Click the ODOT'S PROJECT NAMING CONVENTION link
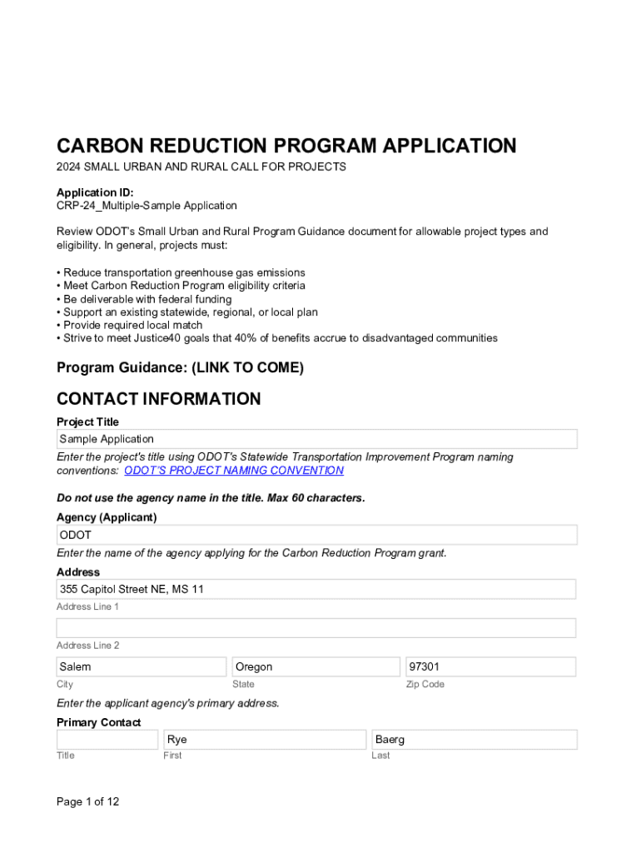click(x=234, y=471)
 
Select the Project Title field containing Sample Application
click(x=316, y=439)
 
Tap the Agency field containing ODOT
click(x=316, y=535)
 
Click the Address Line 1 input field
click(x=316, y=590)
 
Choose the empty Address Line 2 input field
click(x=316, y=628)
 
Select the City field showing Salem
click(x=141, y=666)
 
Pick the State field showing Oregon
click(x=316, y=666)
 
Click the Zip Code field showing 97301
click(x=490, y=666)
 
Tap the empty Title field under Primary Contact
click(x=107, y=740)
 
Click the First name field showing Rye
click(x=265, y=740)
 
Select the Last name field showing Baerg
click(x=475, y=740)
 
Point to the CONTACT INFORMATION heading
click(x=158, y=399)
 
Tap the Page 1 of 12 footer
click(x=87, y=801)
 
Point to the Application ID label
click(x=95, y=192)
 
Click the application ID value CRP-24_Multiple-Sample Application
click(x=147, y=206)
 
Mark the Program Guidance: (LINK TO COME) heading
click(x=180, y=367)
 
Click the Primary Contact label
click(x=98, y=722)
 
